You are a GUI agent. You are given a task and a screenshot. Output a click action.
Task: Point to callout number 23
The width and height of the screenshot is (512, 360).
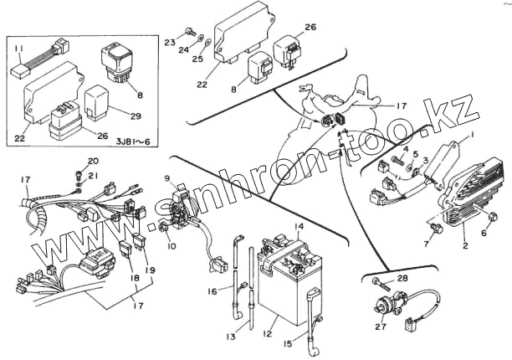(168, 40)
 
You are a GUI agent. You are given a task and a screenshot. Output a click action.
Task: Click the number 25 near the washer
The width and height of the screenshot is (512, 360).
(198, 60)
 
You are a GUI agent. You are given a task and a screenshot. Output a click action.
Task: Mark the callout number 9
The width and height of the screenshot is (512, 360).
(168, 178)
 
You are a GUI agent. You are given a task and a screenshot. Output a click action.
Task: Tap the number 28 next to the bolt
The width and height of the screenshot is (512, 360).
(403, 277)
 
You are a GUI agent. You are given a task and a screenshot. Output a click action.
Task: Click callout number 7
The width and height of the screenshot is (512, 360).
(426, 243)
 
